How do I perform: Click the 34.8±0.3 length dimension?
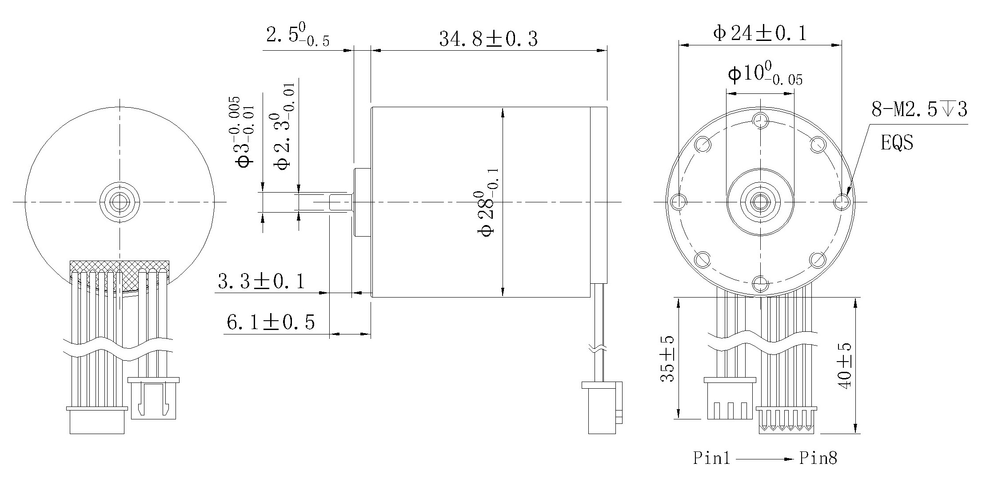pos(488,39)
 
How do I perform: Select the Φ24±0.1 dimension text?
pos(759,33)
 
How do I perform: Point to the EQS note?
pos(897,143)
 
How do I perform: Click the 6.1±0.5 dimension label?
pos(270,322)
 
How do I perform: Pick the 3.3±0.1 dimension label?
pos(261,282)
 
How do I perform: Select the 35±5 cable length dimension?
pos(667,358)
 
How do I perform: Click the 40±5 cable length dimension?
pos(844,366)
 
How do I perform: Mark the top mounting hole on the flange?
pos(760,119)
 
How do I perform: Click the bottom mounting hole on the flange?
pos(760,283)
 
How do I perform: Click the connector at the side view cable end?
pos(603,407)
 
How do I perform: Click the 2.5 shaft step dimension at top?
pos(297,36)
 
